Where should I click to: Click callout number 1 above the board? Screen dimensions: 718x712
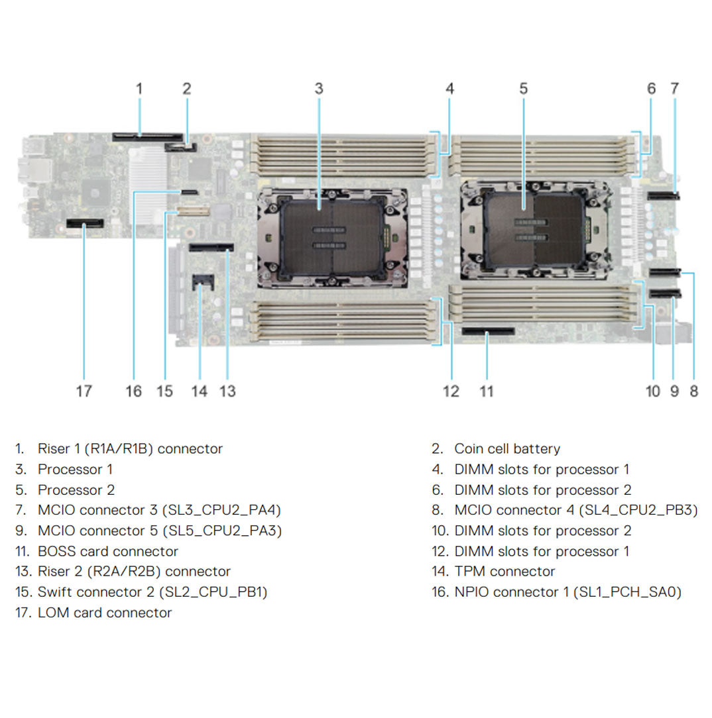click(139, 88)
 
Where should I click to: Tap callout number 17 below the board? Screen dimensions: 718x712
click(84, 391)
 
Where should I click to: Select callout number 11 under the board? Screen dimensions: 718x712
click(487, 391)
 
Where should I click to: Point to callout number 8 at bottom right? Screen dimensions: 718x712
click(693, 391)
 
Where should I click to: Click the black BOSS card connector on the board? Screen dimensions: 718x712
click(488, 330)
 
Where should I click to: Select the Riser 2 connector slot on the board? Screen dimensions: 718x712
click(211, 248)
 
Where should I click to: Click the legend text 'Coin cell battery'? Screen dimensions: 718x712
click(506, 449)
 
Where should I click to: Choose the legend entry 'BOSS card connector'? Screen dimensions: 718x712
click(107, 551)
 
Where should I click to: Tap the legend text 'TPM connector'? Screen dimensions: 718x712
click(504, 572)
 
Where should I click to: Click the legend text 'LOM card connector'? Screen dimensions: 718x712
click(104, 613)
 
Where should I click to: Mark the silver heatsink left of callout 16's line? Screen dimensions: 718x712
click(148, 172)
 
